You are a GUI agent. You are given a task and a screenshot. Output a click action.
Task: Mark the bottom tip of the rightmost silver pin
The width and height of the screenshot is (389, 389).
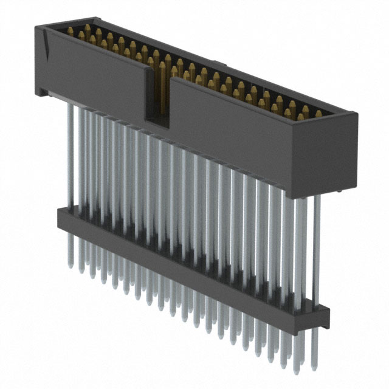coord(314,368)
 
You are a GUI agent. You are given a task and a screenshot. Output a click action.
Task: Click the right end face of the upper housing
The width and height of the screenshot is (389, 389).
coord(340,152)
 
